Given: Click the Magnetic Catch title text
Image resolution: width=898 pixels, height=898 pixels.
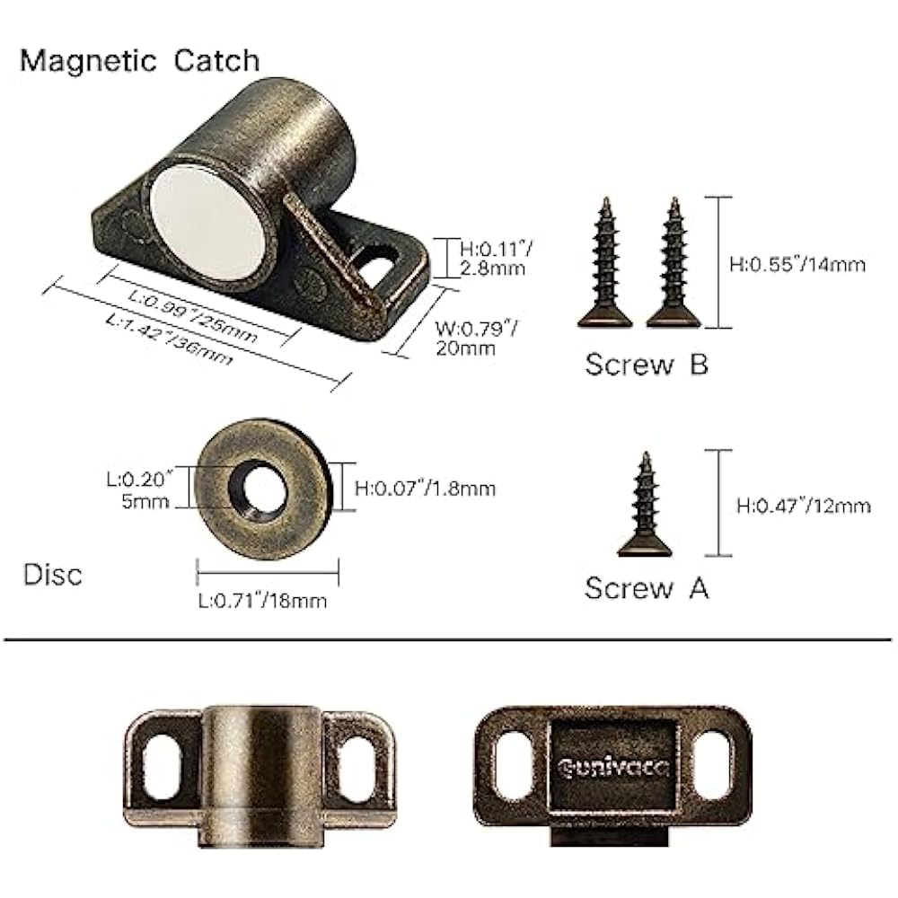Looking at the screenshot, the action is pos(139,60).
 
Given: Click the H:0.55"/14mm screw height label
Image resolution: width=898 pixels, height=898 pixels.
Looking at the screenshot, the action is pos(797,264).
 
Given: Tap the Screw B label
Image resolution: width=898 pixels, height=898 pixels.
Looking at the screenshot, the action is pos(647,365).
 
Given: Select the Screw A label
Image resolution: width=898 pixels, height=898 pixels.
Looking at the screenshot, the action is pos(647,588).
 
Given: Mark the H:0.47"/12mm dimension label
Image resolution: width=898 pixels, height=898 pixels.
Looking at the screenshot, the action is pos(803,506).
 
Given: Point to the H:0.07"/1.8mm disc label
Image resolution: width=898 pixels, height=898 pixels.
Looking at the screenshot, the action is pos(425,489).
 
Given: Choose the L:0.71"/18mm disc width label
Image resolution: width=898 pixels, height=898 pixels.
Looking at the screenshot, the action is pos(262,600).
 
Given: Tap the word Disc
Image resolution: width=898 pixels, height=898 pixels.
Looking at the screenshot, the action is pos(51,574).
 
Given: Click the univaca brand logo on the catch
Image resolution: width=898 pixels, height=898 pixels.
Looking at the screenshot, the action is pos(612,767).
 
